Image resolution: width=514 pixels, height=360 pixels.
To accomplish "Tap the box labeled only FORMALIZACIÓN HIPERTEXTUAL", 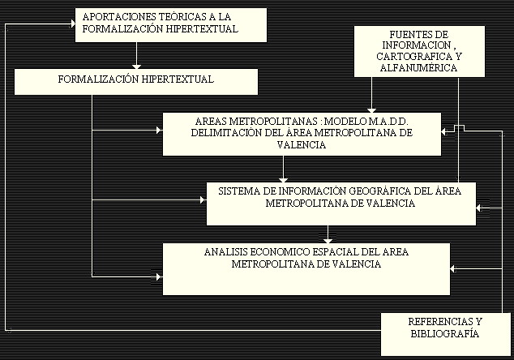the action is [136, 82].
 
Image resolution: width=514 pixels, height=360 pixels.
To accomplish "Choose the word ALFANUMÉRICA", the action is [418, 67].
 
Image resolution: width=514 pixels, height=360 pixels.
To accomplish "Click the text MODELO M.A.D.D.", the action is [366, 122].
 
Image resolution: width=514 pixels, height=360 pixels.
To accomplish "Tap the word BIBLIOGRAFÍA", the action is [445, 334].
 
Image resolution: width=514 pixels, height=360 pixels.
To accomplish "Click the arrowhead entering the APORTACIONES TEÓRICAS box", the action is [72, 24].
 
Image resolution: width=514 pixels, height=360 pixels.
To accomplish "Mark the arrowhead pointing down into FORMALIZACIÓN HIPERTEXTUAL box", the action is [136, 66].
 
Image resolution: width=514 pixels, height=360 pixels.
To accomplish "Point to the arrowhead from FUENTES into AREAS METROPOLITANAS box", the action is [371, 110].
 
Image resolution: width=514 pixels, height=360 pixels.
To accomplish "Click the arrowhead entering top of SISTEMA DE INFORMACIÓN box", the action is [283, 180].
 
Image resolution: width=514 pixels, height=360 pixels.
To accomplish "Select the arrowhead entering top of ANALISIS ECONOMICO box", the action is [328, 241].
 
